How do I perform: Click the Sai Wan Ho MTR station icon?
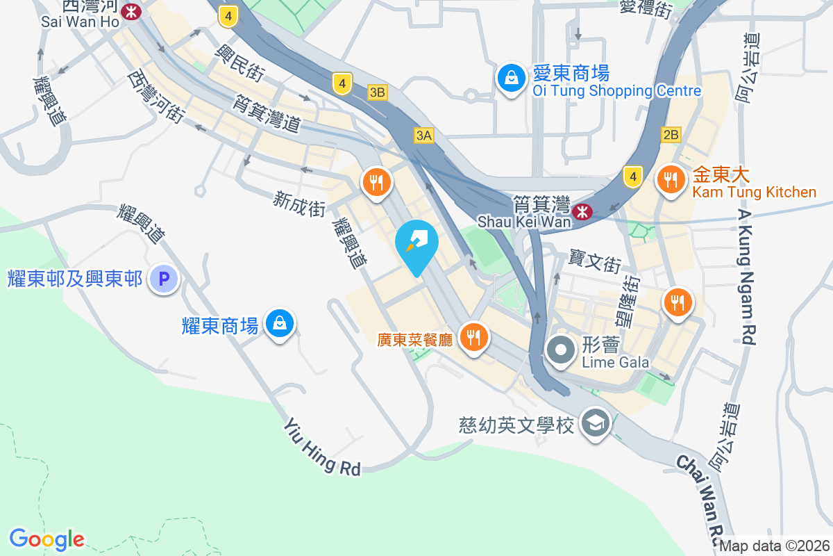pyautogui.click(x=131, y=11)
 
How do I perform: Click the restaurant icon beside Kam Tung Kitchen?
pyautogui.click(x=670, y=181)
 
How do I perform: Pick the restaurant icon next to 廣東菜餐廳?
pyautogui.click(x=474, y=338)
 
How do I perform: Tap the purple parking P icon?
pyautogui.click(x=165, y=279)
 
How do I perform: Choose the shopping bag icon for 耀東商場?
pyautogui.click(x=279, y=323)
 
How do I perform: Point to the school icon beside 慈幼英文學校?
pyautogui.click(x=595, y=423)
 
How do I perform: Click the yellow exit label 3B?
pyautogui.click(x=377, y=92)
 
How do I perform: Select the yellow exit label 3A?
pyautogui.click(x=423, y=136)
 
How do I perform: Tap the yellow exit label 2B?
pyautogui.click(x=671, y=135)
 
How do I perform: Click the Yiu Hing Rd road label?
pyautogui.click(x=323, y=449)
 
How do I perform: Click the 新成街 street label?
pyautogui.click(x=299, y=205)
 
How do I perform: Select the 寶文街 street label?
pyautogui.click(x=594, y=263)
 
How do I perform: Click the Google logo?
pyautogui.click(x=47, y=539)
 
